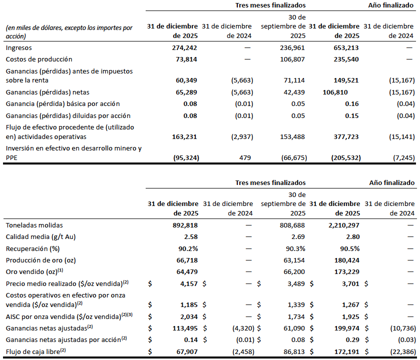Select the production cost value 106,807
pos(292,59)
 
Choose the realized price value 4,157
pos(189,283)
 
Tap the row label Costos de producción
pos(39,59)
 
